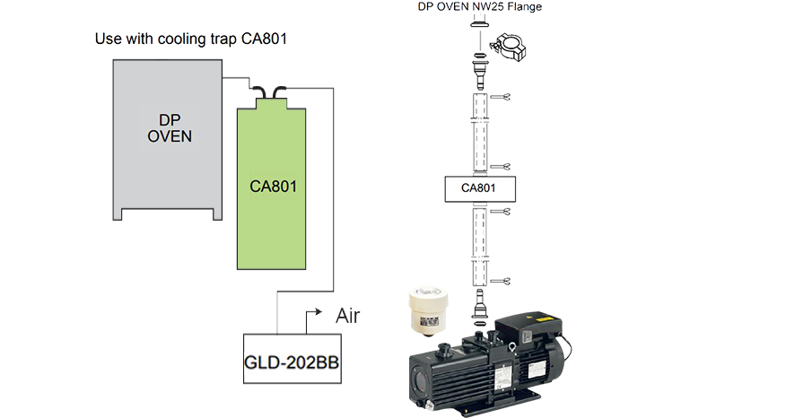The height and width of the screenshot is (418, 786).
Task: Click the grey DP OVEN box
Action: coord(168,135)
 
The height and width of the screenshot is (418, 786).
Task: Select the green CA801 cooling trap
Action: coord(271,186)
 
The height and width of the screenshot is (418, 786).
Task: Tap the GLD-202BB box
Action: coord(293,359)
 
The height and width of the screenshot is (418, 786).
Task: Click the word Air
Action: coord(347,316)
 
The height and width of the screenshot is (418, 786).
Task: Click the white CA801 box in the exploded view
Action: coord(480,189)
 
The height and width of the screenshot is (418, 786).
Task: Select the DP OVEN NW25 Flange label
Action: coord(480,6)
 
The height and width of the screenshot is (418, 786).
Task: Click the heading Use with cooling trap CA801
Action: coord(191,39)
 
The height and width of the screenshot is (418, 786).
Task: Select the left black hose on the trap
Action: coord(259,92)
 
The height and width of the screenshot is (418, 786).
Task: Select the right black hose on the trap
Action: coord(279,92)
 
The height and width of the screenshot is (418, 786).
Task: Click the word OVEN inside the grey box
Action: coord(170,136)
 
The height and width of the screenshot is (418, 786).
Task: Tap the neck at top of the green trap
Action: coord(271,103)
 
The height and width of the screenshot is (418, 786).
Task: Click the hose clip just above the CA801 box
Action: coord(501,167)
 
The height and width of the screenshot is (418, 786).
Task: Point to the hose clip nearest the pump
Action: coord(501,281)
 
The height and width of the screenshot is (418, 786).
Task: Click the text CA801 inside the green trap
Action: coord(273,187)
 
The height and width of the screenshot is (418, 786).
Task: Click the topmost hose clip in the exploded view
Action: coord(501,97)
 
